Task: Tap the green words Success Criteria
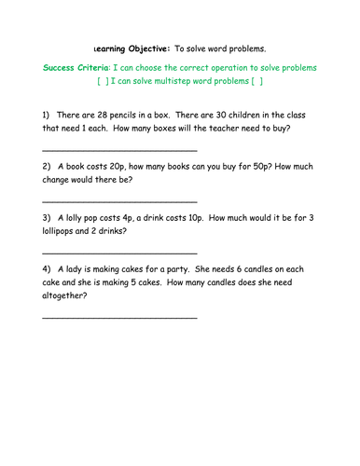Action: (76, 68)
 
